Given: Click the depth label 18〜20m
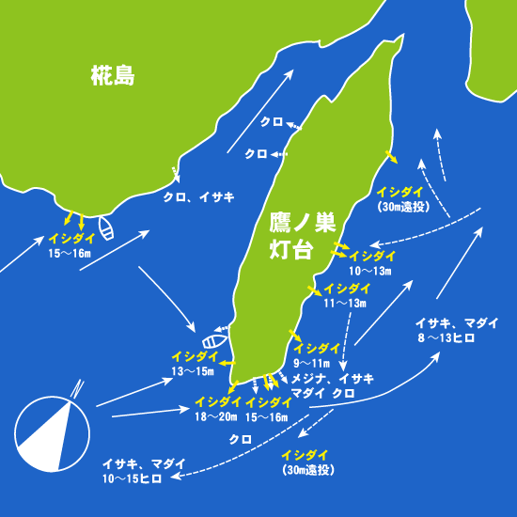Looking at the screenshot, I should (215, 416).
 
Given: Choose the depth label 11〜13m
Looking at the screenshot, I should (344, 303).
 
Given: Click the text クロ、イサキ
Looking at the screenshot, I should (197, 197).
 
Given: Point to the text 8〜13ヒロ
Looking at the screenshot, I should (458, 337).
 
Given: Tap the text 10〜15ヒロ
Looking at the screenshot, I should (132, 478).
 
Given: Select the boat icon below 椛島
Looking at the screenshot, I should (105, 230).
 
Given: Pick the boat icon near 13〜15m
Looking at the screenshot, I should (214, 341).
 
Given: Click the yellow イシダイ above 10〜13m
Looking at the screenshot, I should (370, 256).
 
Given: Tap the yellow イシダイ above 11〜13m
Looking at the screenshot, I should (345, 289).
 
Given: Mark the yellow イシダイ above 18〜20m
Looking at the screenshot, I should (217, 402).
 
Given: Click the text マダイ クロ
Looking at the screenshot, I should (323, 392).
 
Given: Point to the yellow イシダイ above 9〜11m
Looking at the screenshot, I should (315, 348).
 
